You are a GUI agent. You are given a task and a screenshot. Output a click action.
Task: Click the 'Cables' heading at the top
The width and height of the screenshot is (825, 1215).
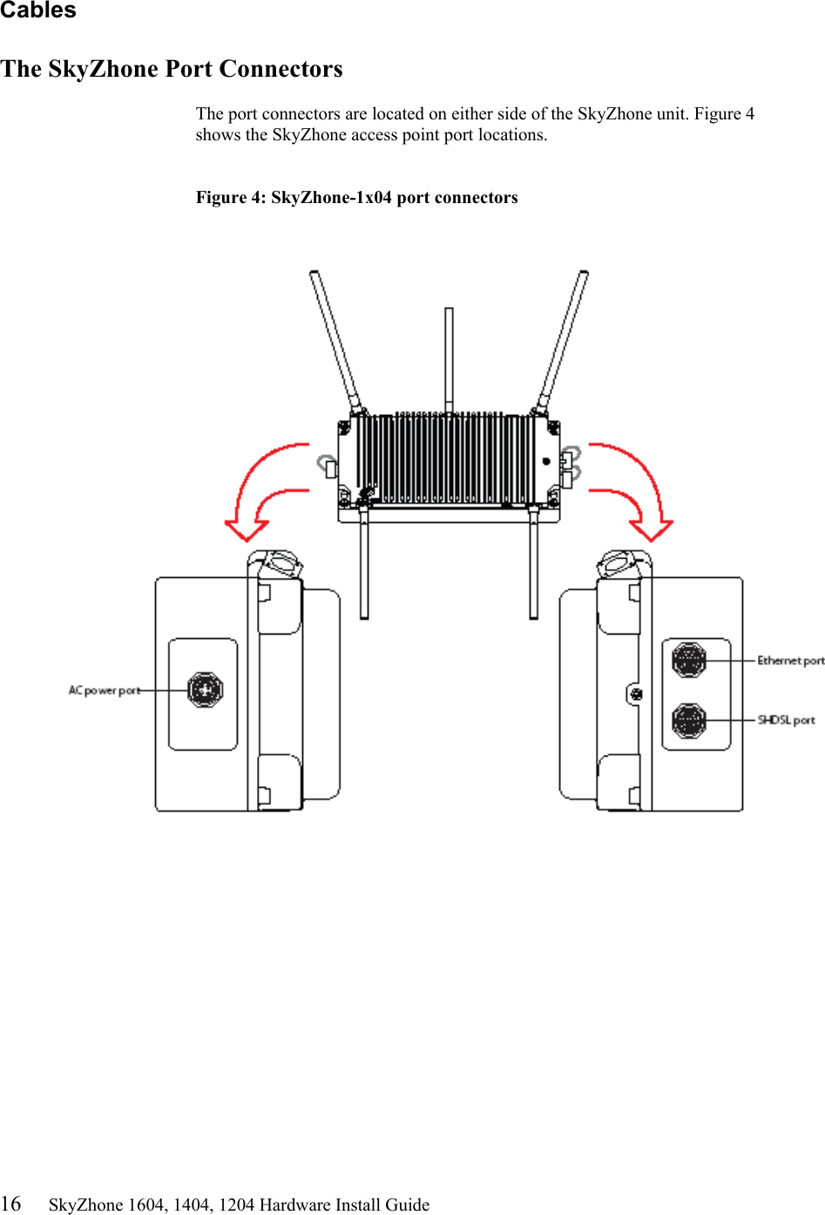tap(38, 10)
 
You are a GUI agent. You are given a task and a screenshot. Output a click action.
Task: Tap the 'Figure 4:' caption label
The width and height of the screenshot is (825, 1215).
tap(231, 198)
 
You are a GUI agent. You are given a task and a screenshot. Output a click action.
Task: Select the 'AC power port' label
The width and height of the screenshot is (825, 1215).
tap(104, 690)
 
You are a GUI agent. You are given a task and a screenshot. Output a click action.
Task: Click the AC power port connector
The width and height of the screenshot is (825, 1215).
tap(206, 690)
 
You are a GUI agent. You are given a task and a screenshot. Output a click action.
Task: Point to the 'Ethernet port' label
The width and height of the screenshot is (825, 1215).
tap(790, 661)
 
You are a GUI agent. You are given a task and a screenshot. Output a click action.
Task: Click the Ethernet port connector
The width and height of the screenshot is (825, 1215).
tap(688, 661)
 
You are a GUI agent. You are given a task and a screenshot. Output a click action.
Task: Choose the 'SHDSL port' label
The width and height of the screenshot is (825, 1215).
tap(786, 720)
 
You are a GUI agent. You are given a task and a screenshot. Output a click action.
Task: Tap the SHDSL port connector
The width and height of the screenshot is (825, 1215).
tap(688, 721)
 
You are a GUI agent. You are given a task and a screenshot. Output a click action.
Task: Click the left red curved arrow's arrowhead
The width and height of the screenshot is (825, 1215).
tap(247, 528)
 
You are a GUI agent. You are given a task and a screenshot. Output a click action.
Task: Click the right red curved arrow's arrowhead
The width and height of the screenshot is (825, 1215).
tap(651, 528)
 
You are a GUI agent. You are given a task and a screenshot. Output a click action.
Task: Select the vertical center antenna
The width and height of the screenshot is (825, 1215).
tap(449, 357)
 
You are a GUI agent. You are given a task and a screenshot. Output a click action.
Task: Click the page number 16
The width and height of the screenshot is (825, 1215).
tap(10, 1204)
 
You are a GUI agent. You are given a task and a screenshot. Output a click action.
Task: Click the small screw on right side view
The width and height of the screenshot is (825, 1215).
tap(637, 695)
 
